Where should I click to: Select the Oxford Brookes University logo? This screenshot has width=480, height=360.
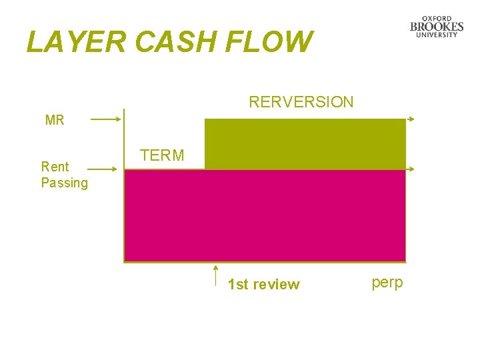(437, 27)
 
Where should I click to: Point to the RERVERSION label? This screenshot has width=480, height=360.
(301, 102)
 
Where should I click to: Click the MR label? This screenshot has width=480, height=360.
(55, 121)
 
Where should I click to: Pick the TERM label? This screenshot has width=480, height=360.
(162, 156)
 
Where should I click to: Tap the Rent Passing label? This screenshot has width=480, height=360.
(64, 175)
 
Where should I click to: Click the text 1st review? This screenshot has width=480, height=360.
(263, 285)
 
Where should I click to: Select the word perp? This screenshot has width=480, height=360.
(387, 283)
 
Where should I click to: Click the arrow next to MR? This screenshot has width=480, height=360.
(105, 120)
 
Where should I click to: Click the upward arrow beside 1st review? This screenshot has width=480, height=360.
(216, 275)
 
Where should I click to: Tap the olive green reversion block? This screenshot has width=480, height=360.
(305, 143)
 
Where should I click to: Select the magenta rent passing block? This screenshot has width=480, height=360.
(265, 215)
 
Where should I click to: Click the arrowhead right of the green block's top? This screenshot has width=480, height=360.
(412, 119)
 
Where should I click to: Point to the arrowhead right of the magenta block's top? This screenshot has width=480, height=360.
(412, 170)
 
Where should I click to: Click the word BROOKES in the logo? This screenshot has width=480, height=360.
(437, 27)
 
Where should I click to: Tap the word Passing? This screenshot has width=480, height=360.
(64, 183)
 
